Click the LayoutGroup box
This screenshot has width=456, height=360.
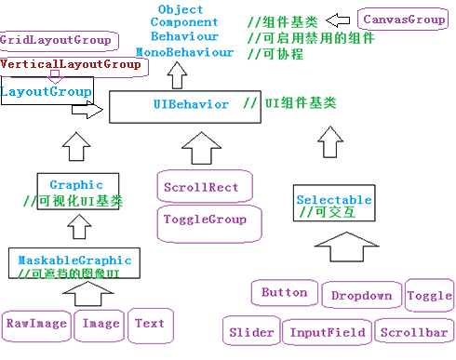(47, 92)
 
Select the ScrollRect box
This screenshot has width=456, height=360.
(201, 186)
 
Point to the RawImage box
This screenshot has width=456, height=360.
(35, 324)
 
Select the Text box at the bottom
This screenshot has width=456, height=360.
(149, 324)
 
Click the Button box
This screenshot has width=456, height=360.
(284, 293)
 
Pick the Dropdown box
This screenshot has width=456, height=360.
(360, 296)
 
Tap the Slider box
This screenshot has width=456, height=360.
(251, 332)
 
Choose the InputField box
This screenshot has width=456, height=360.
(328, 332)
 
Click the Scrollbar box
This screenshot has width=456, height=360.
(412, 332)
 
